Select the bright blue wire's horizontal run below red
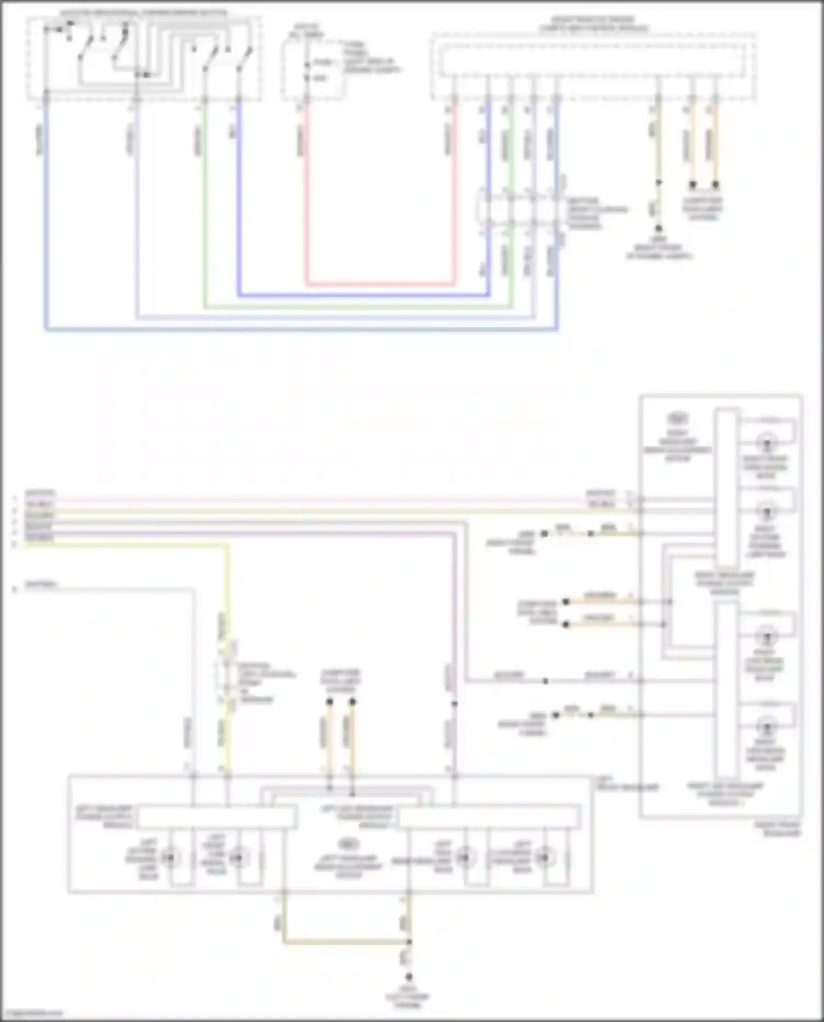[363, 295]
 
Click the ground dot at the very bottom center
[409, 978]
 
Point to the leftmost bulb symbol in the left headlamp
[170, 857]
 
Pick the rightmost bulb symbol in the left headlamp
[544, 857]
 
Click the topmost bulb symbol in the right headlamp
[767, 442]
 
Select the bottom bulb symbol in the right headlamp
[766, 728]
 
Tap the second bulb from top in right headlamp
[767, 512]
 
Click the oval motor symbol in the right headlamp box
[678, 419]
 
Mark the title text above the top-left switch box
[144, 12]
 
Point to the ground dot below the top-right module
[658, 228]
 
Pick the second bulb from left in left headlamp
[238, 857]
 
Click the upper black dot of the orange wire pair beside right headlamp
[566, 602]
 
